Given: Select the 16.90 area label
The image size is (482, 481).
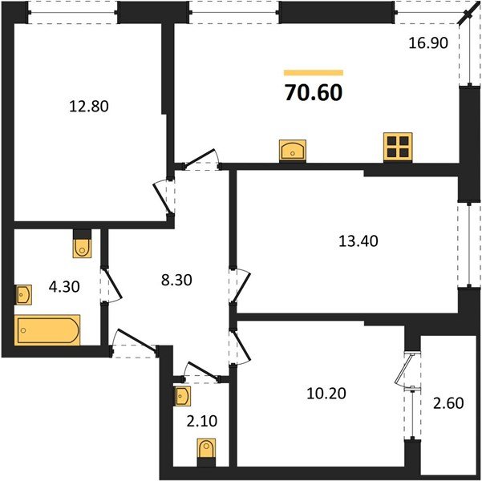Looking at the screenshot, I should pos(427,45).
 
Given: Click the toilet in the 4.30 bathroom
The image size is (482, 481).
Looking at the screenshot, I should pos(83,245).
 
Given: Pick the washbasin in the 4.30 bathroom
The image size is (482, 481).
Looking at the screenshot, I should pos(23,295).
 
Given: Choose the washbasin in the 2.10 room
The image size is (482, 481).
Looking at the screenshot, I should pos(183,396).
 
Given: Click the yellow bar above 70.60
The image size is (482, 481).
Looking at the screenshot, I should pos(314,72).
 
